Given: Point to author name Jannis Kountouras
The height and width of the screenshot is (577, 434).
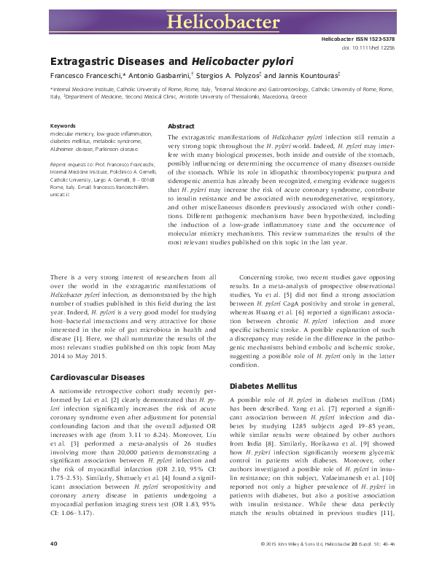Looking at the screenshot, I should (x=303, y=76).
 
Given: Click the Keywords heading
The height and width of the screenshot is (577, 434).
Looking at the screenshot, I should (x=63, y=126).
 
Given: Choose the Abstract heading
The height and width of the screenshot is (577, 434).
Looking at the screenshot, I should (x=181, y=125).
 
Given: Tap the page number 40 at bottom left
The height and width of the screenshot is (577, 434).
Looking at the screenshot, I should (x=53, y=565).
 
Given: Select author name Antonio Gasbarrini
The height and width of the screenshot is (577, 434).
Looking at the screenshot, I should (x=161, y=76).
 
